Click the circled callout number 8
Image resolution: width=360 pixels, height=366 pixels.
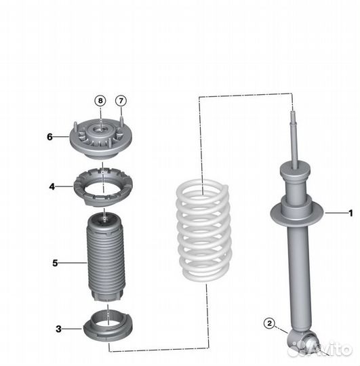click(100, 101)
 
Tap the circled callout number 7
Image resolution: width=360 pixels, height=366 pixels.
click(121, 101)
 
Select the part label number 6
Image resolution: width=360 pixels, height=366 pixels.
click(49, 137)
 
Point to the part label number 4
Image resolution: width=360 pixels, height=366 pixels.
click(52, 186)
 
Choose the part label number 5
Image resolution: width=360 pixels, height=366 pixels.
click(55, 263)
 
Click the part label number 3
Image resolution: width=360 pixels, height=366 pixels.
click(58, 329)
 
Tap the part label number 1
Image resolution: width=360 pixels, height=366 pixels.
click(351, 213)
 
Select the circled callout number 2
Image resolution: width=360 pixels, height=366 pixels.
click(269, 323)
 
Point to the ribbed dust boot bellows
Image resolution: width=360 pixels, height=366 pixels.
click(106, 257)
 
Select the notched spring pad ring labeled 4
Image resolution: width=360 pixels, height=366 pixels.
click(104, 187)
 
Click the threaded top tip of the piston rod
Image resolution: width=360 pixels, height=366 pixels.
click(292, 115)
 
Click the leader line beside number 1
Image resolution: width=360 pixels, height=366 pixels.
click(336, 213)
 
